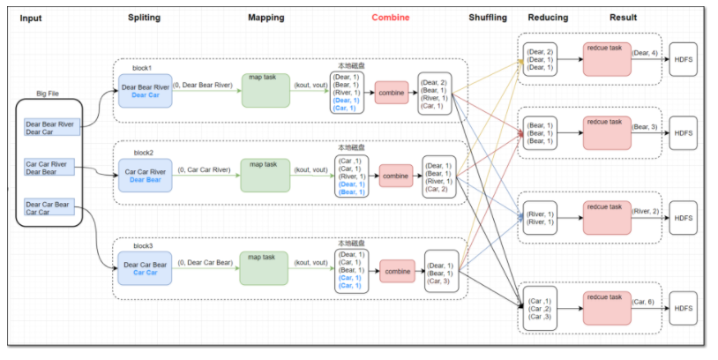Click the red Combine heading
[391, 18]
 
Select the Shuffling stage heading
[488, 18]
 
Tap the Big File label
[48, 94]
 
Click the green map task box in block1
[266, 91]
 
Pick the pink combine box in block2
[396, 176]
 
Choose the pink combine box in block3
[398, 271]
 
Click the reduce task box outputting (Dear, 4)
[607, 59]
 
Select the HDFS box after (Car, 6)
[684, 308]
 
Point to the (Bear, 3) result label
[645, 126]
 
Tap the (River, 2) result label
[645, 211]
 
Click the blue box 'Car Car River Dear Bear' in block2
[146, 176]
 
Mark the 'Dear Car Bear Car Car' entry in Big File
[49, 207]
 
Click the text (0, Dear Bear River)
[203, 86]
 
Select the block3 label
[143, 246]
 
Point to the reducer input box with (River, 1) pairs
[541, 218]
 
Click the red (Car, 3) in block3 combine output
[438, 281]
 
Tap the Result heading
[624, 18]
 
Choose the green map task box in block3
[264, 268]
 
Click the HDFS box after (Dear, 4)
[684, 59]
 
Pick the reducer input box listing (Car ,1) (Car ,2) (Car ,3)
[540, 309]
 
